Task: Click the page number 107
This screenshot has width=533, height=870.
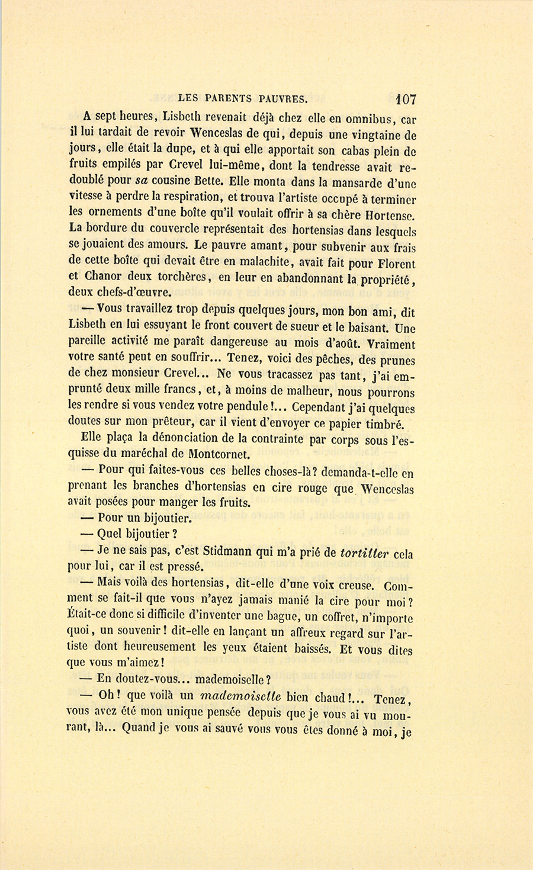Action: (x=403, y=99)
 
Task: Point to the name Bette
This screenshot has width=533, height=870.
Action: (x=207, y=180)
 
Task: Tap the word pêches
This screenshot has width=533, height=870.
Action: (x=334, y=358)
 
